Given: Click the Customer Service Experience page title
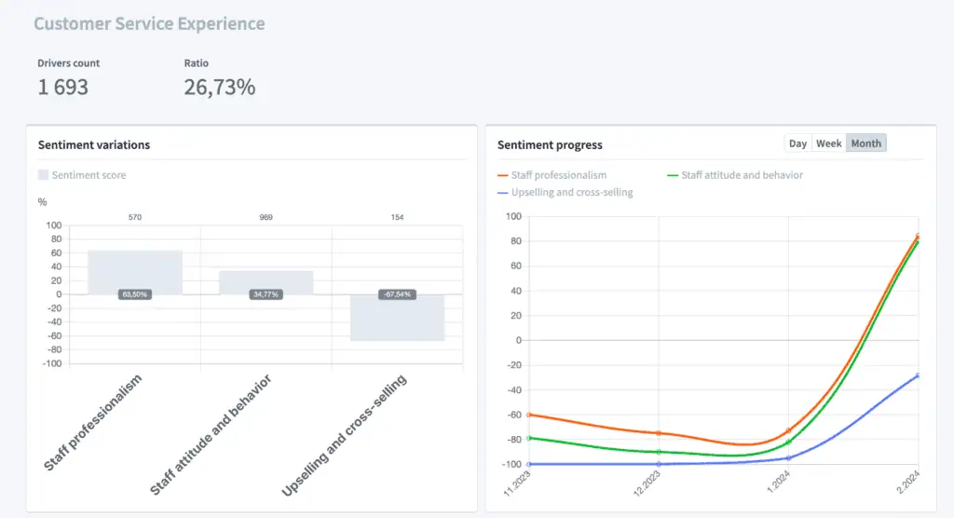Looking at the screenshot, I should tap(149, 24).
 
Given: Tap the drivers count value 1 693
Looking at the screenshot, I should tap(63, 88).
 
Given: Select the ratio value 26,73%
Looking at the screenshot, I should tap(220, 88).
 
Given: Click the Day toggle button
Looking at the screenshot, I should tap(797, 143).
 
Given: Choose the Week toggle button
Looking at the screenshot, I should tap(828, 143).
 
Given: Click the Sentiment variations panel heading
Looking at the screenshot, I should tap(94, 144).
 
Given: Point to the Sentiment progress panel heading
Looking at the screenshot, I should tap(550, 144).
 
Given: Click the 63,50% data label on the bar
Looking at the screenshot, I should tap(135, 294).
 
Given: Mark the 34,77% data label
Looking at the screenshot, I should tap(266, 294).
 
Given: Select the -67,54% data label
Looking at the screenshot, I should tap(397, 294).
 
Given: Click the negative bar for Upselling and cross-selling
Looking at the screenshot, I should tap(397, 321).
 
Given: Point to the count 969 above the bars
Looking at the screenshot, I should tap(266, 217).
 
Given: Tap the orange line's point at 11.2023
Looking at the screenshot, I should tap(529, 415).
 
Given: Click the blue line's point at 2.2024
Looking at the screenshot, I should tap(918, 375).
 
